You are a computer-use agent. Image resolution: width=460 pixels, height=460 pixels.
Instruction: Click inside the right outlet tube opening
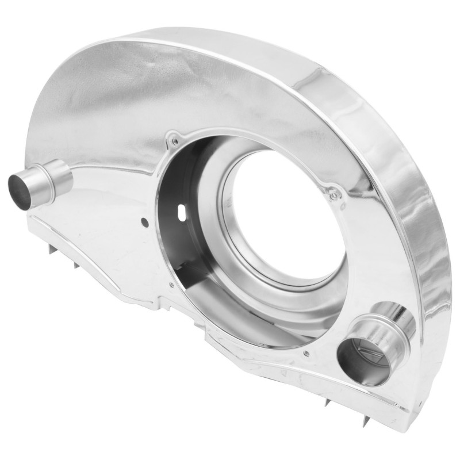[x=360, y=359]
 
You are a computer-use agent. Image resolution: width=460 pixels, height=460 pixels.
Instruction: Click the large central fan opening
[x=282, y=213]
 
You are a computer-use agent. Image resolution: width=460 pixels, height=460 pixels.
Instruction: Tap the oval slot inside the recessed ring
[x=183, y=212]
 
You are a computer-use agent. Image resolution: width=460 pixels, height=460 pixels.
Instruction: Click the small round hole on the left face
[x=144, y=221]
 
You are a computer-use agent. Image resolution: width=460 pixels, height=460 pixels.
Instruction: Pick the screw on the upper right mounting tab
[x=334, y=196]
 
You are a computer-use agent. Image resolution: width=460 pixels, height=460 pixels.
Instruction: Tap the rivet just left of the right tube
[x=306, y=353]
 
